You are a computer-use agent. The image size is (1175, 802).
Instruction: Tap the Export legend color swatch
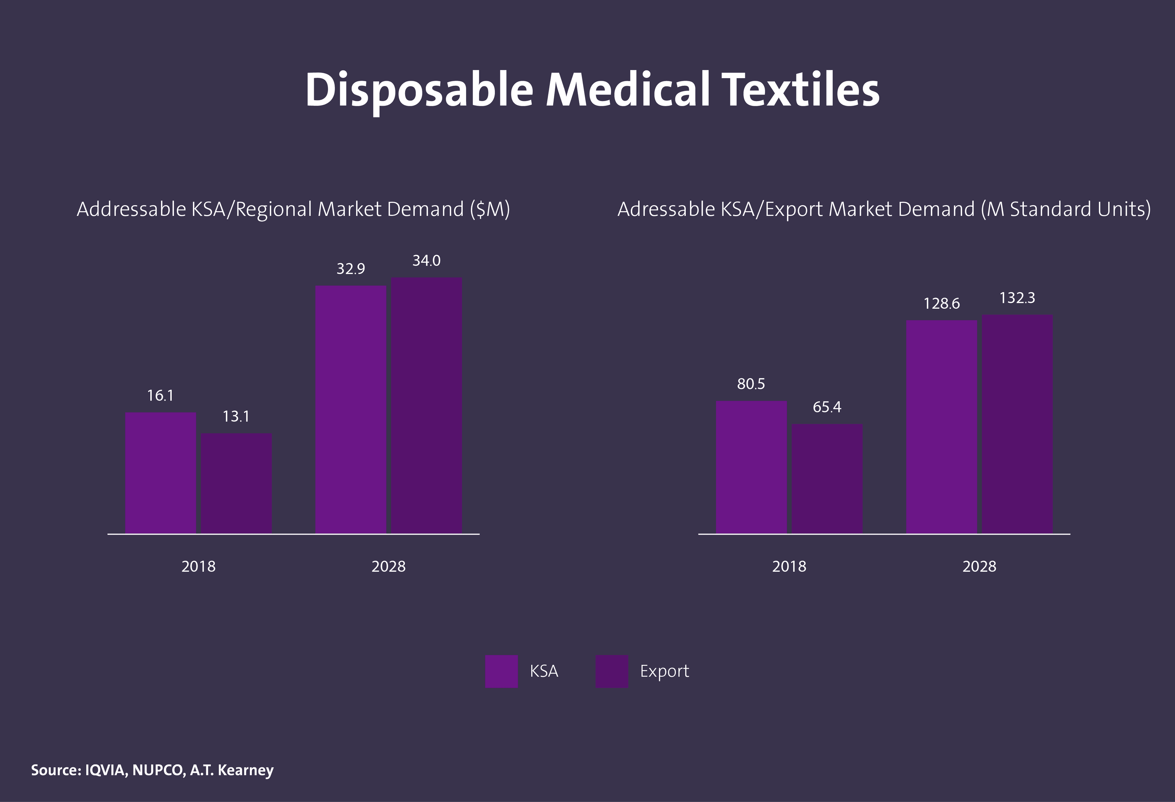pyautogui.click(x=611, y=671)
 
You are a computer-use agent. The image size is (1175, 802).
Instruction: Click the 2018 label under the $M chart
pyautogui.click(x=198, y=566)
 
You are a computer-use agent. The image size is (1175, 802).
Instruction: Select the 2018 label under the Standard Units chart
pyautogui.click(x=789, y=566)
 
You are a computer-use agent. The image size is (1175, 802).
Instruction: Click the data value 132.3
pyautogui.click(x=1017, y=298)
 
